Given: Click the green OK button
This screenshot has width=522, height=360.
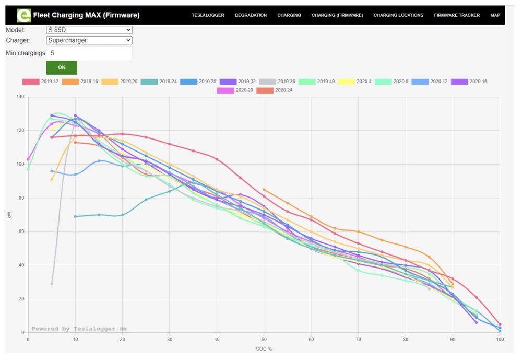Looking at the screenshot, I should [62, 67].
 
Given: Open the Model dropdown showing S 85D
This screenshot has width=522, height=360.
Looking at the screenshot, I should [89, 30].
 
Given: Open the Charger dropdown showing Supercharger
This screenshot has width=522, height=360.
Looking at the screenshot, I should [89, 40].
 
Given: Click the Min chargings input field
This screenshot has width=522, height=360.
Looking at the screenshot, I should [89, 53].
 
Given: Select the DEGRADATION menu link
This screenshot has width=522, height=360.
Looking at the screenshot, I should [251, 15].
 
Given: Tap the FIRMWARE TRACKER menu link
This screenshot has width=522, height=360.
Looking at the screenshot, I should [457, 15].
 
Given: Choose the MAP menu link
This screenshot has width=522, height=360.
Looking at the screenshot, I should [495, 15].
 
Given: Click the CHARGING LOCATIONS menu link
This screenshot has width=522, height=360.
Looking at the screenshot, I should [398, 15].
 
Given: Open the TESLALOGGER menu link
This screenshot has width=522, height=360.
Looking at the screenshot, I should [208, 15].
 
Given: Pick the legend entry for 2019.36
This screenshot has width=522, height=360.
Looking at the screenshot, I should [277, 82].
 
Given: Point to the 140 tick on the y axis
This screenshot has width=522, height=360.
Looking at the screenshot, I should [20, 97].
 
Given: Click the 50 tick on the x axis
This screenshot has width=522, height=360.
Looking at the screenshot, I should [264, 339].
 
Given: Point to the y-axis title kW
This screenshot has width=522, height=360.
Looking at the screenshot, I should [9, 215].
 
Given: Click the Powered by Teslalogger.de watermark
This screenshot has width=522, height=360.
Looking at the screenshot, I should [79, 329].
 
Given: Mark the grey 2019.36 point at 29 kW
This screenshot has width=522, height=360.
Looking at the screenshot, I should [52, 284].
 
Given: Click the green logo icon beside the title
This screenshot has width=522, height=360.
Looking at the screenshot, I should [23, 15].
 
